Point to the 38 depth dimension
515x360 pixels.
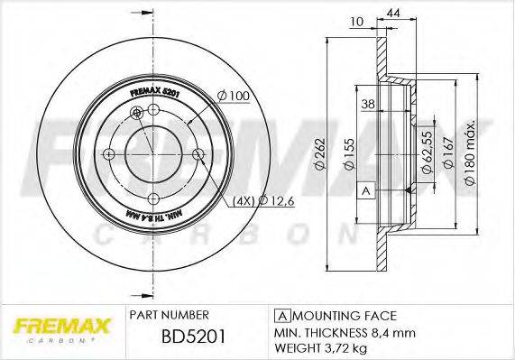[367, 104]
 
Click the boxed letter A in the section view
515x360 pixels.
[365, 190]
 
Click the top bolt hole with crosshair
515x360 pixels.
[137, 112]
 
